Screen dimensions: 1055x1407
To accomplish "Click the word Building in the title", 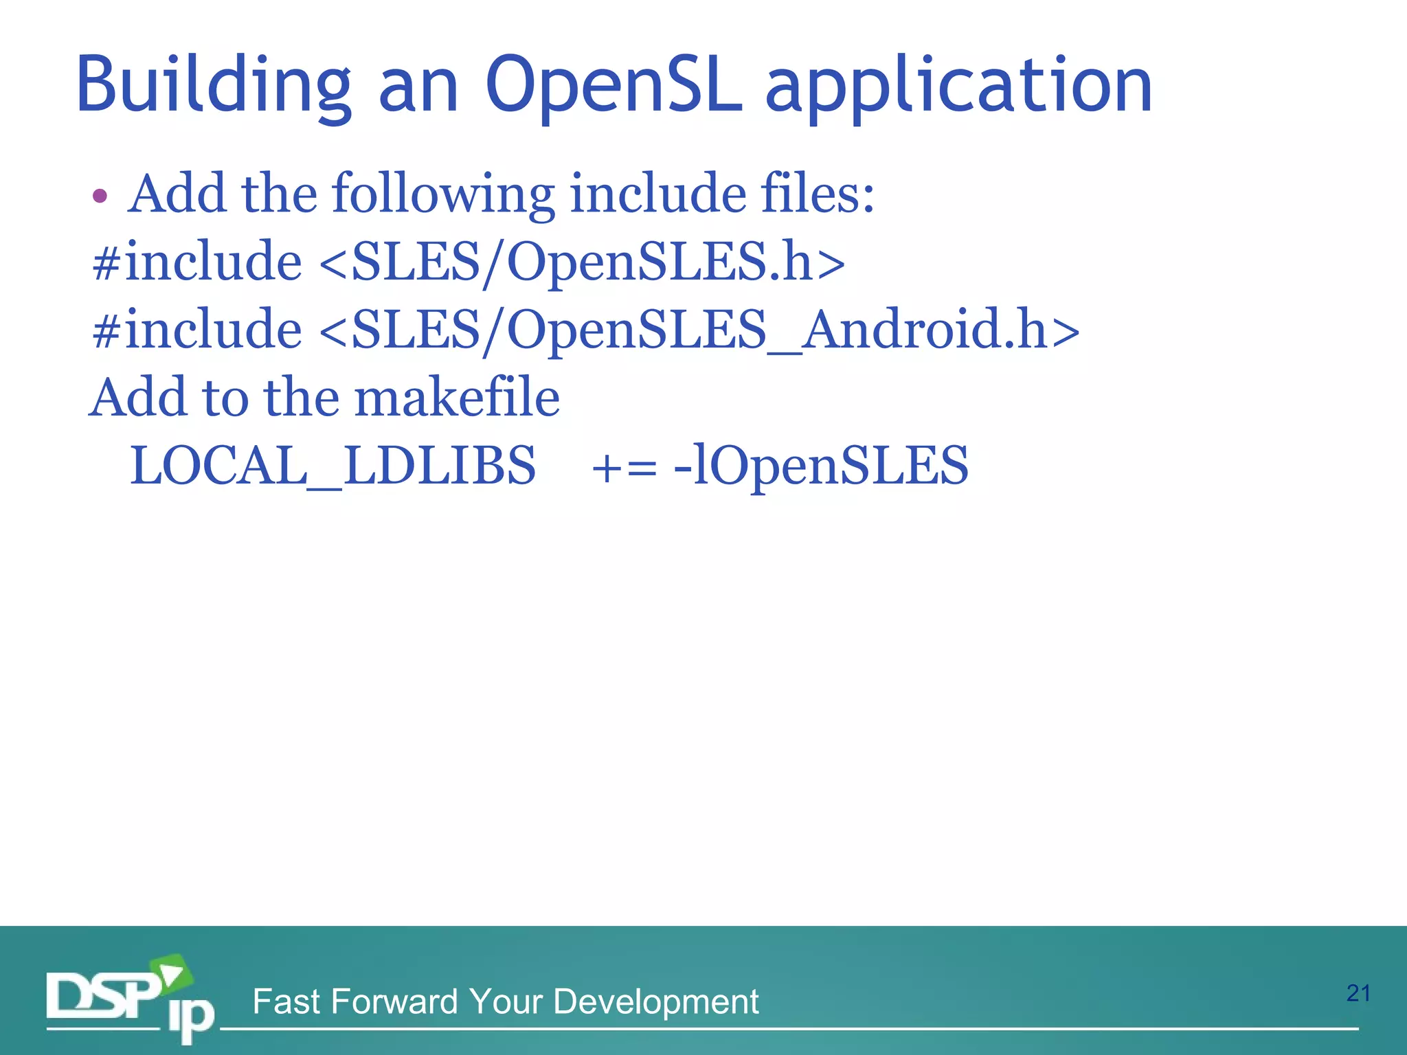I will pos(214,86).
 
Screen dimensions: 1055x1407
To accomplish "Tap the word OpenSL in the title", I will pos(614,86).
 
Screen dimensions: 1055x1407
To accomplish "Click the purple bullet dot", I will pos(100,196).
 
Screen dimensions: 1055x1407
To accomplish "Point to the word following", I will pos(444,195).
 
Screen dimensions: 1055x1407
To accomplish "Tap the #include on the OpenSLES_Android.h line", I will pos(198,330).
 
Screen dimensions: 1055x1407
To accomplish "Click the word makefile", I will pos(457,398).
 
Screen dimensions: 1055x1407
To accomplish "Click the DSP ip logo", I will pos(131,1000).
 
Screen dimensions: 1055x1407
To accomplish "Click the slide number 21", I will pos(1358,993).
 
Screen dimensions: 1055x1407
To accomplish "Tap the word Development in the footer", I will pos(655,1003).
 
